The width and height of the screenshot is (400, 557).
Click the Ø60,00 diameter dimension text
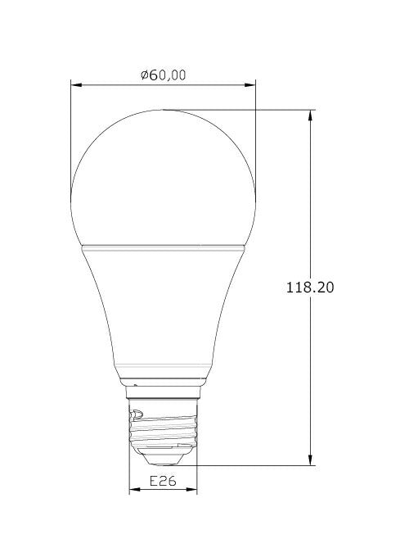point(163,75)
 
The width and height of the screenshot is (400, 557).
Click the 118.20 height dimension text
point(310,287)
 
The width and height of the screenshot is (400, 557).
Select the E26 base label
point(163,481)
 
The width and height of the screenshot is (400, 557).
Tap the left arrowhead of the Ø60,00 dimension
point(77,85)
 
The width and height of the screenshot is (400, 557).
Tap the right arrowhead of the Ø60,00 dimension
point(250,85)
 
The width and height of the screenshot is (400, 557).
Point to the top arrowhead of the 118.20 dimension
point(311,115)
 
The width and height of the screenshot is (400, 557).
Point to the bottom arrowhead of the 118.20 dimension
point(311,460)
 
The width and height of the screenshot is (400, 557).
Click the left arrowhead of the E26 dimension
point(135,490)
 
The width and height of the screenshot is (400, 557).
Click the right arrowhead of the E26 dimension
point(191,490)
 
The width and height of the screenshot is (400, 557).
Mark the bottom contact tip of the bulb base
point(163,464)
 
